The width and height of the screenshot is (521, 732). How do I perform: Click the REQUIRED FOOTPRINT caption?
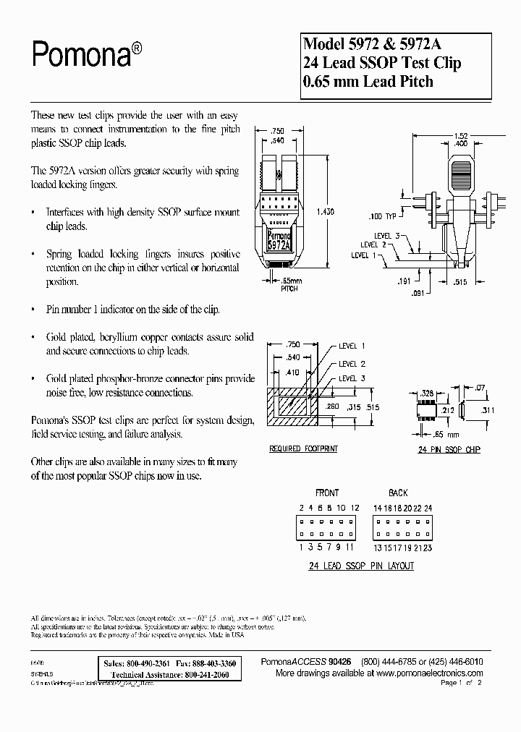pyautogui.click(x=303, y=448)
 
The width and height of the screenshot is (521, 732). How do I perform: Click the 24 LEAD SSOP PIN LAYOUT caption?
pyautogui.click(x=361, y=566)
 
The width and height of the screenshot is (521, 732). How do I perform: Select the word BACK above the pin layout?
pyautogui.click(x=399, y=492)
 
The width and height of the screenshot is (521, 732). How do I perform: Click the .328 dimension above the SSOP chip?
pyautogui.click(x=428, y=391)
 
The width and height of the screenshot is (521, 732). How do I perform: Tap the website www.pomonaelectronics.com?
pyautogui.click(x=420, y=672)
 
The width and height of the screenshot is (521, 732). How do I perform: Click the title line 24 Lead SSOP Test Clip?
pyautogui.click(x=381, y=62)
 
